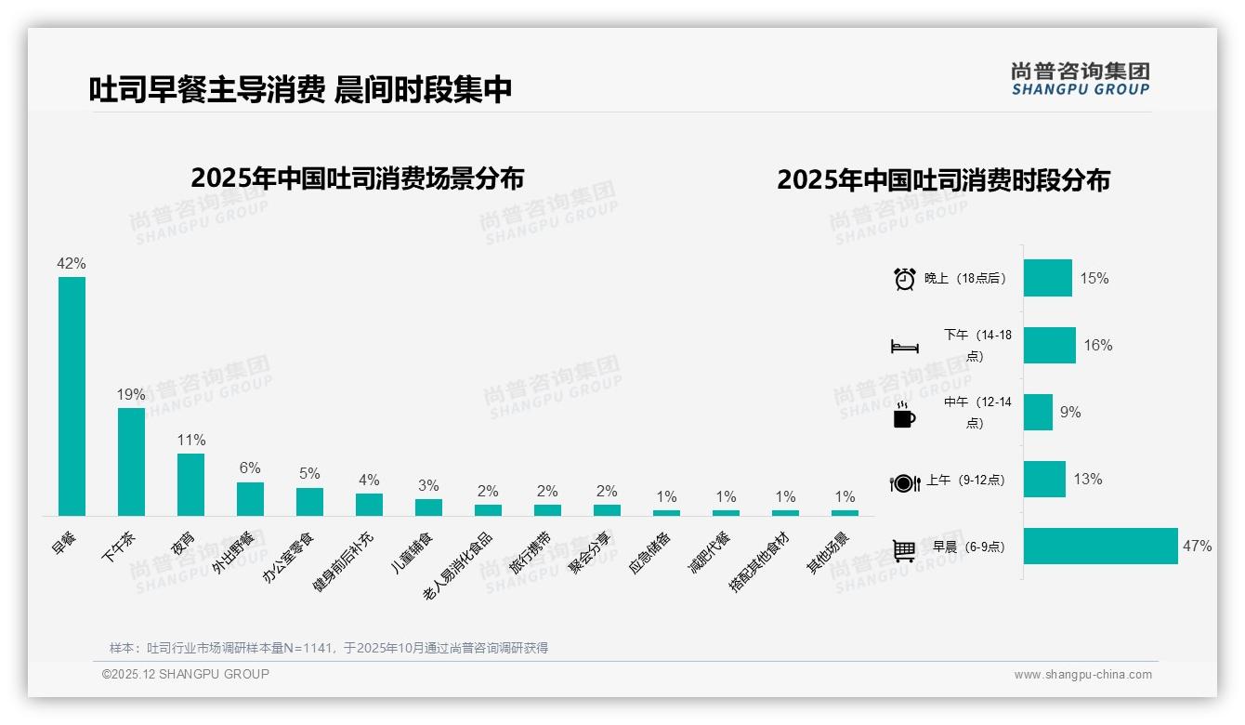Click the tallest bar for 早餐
click(x=72, y=396)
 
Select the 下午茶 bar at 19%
click(x=131, y=461)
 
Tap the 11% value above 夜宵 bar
click(x=190, y=440)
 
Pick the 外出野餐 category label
click(x=232, y=553)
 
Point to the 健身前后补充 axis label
click(x=343, y=562)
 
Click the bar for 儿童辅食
click(x=428, y=507)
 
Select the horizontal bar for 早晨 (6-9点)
click(x=1100, y=547)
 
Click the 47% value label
click(x=1197, y=547)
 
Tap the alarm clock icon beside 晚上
click(x=905, y=279)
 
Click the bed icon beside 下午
click(x=905, y=347)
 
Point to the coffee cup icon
click(x=904, y=415)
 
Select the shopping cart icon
click(x=904, y=550)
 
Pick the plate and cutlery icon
click(x=904, y=482)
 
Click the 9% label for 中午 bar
click(x=1070, y=413)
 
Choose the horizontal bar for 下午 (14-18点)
click(x=1050, y=346)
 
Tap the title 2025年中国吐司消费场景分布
click(x=358, y=178)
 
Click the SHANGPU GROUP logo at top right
click(x=1080, y=79)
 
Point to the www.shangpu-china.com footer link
click(x=1082, y=675)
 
